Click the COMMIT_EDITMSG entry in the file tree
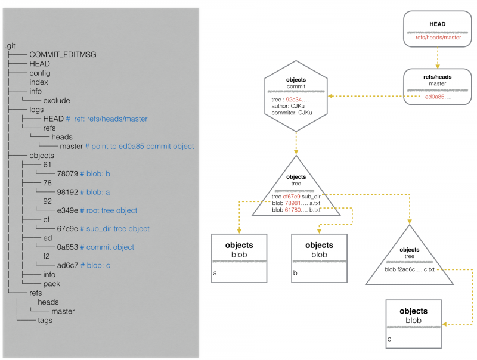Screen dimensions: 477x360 tap(63, 55)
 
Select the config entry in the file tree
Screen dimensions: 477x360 tap(40, 73)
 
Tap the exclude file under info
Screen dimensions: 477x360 tap(57, 100)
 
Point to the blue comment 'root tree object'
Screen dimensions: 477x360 tap(111, 210)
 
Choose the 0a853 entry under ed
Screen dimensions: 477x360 tap(67, 247)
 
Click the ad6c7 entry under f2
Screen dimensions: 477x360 tap(67, 265)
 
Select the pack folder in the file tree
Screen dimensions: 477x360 tap(52, 284)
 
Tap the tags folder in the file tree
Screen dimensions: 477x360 tap(45, 321)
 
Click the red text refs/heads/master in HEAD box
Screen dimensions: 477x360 tap(438, 38)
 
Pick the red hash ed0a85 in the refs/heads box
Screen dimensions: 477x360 tap(438, 97)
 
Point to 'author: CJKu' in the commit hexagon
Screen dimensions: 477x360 tap(288, 106)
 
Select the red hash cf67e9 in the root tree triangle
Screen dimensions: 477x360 tap(292, 197)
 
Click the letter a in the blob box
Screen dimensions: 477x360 tap(215, 273)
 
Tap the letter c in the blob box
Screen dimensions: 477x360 tap(389, 339)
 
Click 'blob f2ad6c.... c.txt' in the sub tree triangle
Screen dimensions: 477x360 tap(410, 269)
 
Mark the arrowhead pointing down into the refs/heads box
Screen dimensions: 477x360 tap(438, 66)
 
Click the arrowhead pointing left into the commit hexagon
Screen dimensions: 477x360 tap(330, 96)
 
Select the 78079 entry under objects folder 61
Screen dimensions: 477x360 tap(67, 174)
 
